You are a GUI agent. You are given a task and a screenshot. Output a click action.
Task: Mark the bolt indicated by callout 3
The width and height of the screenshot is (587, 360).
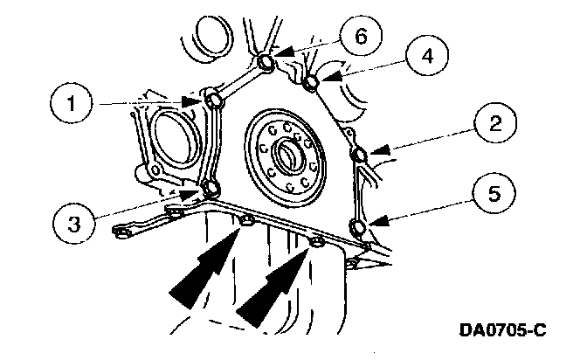pos(211,188)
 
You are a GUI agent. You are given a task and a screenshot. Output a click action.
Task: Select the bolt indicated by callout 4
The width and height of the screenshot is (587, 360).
pos(310,84)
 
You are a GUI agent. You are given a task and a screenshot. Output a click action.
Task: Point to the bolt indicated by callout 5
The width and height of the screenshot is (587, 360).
pos(357,229)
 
